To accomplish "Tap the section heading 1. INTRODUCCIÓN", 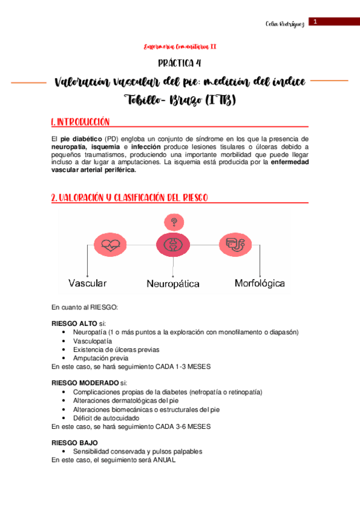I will coord(81,122).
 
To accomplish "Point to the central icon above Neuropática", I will coord(172,245).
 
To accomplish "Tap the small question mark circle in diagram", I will coord(173,221).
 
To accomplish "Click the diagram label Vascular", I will coord(88,283).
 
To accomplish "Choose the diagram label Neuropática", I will coord(173,283).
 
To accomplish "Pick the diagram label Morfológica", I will coord(260,283).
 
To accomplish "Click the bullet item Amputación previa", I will coord(100,358).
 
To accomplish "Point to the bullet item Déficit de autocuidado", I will coord(106,417).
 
